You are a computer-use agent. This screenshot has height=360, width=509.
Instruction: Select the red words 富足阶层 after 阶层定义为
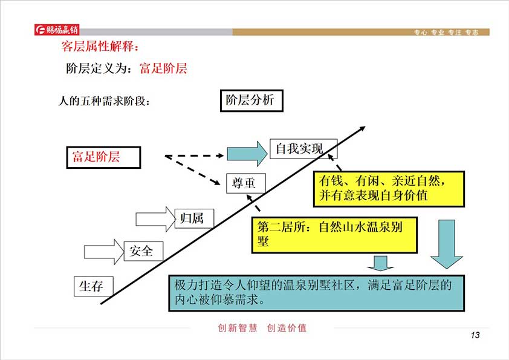(163, 68)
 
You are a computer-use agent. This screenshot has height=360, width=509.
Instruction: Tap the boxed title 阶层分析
(250, 100)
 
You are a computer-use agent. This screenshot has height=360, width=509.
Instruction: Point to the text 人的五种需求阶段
(104, 100)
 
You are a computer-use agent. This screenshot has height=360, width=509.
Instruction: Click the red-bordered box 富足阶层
(103, 157)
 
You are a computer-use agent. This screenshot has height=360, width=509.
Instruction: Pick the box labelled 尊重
(245, 183)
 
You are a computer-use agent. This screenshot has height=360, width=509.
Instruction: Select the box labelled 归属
(193, 218)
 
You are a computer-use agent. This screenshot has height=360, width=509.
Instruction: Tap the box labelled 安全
(143, 250)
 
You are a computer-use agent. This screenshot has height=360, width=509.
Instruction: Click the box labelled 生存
(93, 286)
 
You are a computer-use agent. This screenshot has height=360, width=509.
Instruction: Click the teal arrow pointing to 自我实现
(247, 153)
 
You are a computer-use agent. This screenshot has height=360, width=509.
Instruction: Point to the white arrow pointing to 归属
(155, 219)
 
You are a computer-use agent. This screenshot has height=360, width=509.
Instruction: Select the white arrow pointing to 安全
(105, 250)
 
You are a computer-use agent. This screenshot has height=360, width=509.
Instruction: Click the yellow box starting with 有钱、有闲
(389, 189)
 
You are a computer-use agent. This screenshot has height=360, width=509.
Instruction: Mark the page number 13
(475, 336)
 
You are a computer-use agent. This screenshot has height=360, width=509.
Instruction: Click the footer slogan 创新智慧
(238, 328)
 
